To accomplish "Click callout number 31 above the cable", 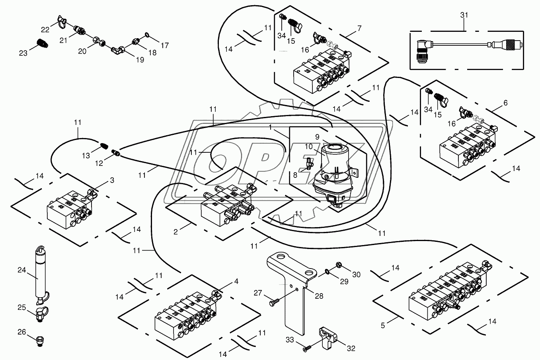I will (464, 15).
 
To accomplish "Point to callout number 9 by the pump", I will (317, 136).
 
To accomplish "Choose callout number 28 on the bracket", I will (319, 296).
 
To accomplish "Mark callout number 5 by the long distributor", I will (383, 325).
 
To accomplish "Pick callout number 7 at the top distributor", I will (359, 28).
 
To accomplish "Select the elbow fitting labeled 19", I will (118, 49).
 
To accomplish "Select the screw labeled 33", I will (306, 349).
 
